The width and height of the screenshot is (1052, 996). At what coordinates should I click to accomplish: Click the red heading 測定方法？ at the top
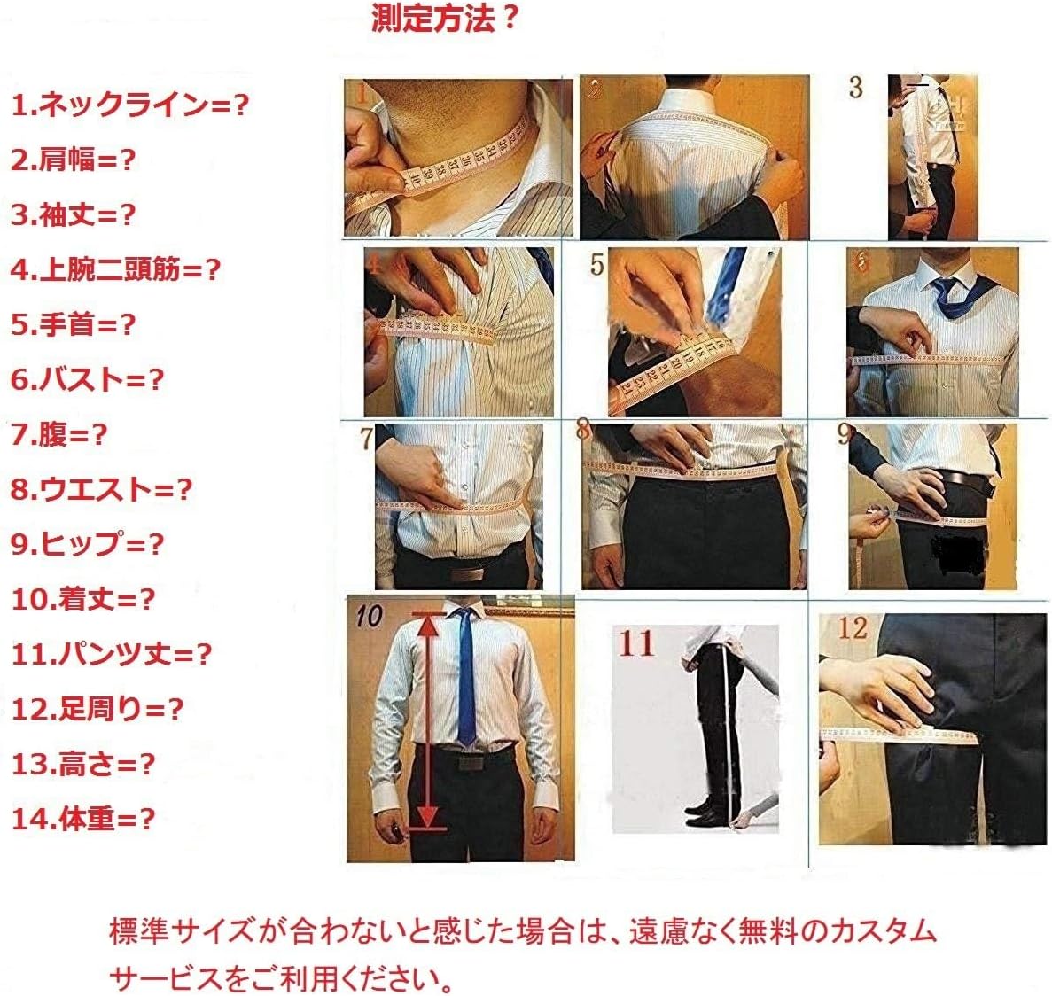445,18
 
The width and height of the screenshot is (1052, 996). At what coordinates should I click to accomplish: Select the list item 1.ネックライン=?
129,105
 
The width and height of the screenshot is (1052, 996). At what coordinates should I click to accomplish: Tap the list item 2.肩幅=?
74,160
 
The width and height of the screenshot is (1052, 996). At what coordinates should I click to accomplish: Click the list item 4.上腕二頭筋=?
115,269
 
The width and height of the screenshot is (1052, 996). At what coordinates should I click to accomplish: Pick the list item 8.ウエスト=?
101,489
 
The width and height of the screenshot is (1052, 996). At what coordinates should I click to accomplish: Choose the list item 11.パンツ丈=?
112,655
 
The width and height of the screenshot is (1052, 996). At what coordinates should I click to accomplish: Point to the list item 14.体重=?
83,819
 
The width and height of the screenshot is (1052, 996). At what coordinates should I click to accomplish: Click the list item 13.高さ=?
83,764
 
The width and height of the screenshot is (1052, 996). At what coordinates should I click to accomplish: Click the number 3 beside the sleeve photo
855,88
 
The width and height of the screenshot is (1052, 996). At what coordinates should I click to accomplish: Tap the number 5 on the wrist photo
597,264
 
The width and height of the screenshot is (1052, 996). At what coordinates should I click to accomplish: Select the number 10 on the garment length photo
369,615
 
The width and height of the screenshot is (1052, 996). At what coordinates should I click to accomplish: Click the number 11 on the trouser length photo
635,643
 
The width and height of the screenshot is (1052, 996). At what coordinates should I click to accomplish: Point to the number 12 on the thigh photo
852,628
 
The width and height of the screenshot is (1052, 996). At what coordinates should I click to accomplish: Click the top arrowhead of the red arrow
428,624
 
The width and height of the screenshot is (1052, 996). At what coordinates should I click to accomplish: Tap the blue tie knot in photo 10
463,617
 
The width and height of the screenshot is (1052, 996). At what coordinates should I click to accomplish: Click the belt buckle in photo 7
467,572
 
